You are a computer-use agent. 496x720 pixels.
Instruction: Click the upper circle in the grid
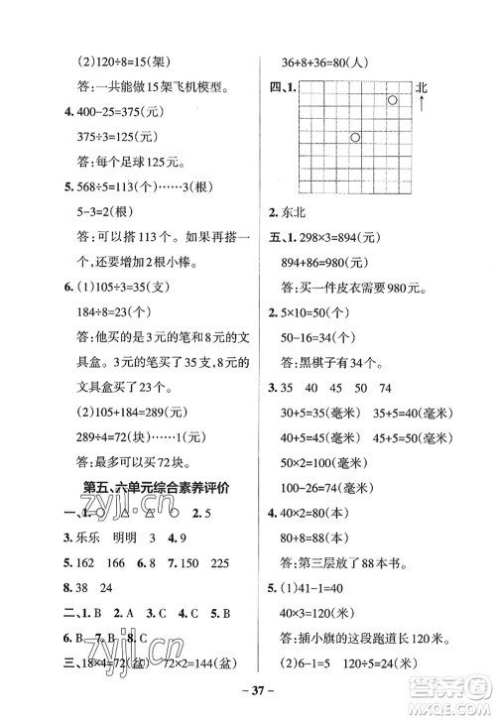pos(393,101)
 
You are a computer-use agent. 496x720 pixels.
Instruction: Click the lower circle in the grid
pos(355,138)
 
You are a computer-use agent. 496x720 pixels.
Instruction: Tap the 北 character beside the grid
pos(422,89)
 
